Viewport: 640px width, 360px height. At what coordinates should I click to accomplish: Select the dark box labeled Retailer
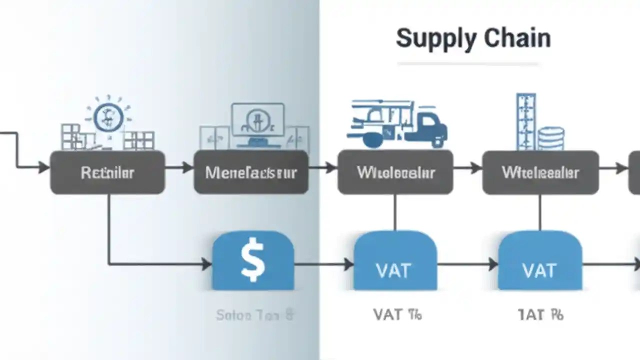(107, 172)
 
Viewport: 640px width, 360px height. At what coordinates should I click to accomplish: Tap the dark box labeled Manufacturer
(251, 172)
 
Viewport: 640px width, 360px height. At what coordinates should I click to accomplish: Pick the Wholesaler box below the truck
(395, 172)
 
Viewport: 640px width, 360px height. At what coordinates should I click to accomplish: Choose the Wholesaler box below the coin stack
(540, 172)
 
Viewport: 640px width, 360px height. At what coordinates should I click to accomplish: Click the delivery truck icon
(397, 124)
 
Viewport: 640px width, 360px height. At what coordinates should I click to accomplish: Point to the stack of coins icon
(551, 138)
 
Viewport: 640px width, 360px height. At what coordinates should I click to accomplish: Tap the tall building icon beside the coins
(525, 121)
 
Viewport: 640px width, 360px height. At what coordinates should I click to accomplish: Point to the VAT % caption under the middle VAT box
(397, 314)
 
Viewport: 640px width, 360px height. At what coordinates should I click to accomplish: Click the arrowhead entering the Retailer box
(44, 167)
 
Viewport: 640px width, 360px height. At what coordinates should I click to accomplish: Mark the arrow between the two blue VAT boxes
(467, 264)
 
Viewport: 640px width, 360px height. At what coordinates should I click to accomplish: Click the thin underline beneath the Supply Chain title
(467, 64)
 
